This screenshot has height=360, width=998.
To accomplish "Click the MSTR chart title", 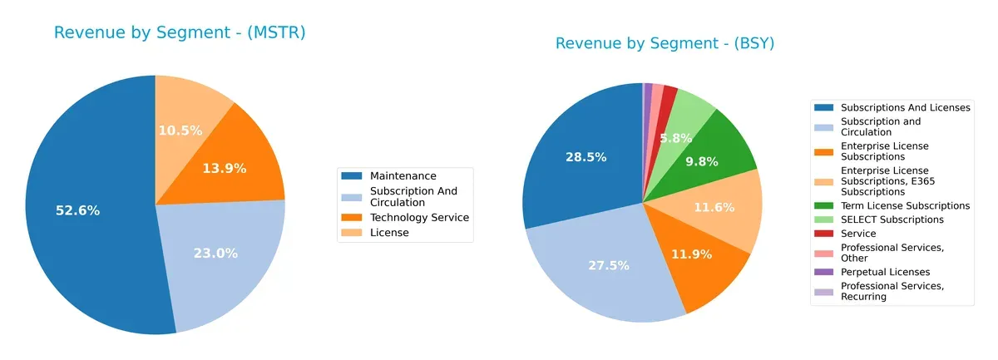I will [x=180, y=32].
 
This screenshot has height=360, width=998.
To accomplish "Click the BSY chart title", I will [x=665, y=43].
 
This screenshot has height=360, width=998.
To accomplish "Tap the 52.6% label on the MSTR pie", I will [x=77, y=210].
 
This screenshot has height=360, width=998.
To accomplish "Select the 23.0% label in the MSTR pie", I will [x=215, y=253].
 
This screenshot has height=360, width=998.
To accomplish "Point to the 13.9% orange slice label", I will [x=225, y=168].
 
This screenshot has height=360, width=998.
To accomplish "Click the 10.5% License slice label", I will [x=180, y=130].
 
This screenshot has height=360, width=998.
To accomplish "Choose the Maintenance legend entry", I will [x=403, y=175].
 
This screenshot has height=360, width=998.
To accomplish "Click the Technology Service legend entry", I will [x=419, y=217].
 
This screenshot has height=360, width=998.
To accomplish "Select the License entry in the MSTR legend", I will [x=388, y=233].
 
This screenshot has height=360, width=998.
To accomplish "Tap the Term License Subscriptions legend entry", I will [x=905, y=205].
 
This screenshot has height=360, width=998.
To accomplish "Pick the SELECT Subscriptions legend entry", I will [x=892, y=219].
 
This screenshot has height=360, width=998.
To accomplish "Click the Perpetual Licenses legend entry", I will [x=885, y=272].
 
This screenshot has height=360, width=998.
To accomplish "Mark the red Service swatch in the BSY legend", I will [x=823, y=234].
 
